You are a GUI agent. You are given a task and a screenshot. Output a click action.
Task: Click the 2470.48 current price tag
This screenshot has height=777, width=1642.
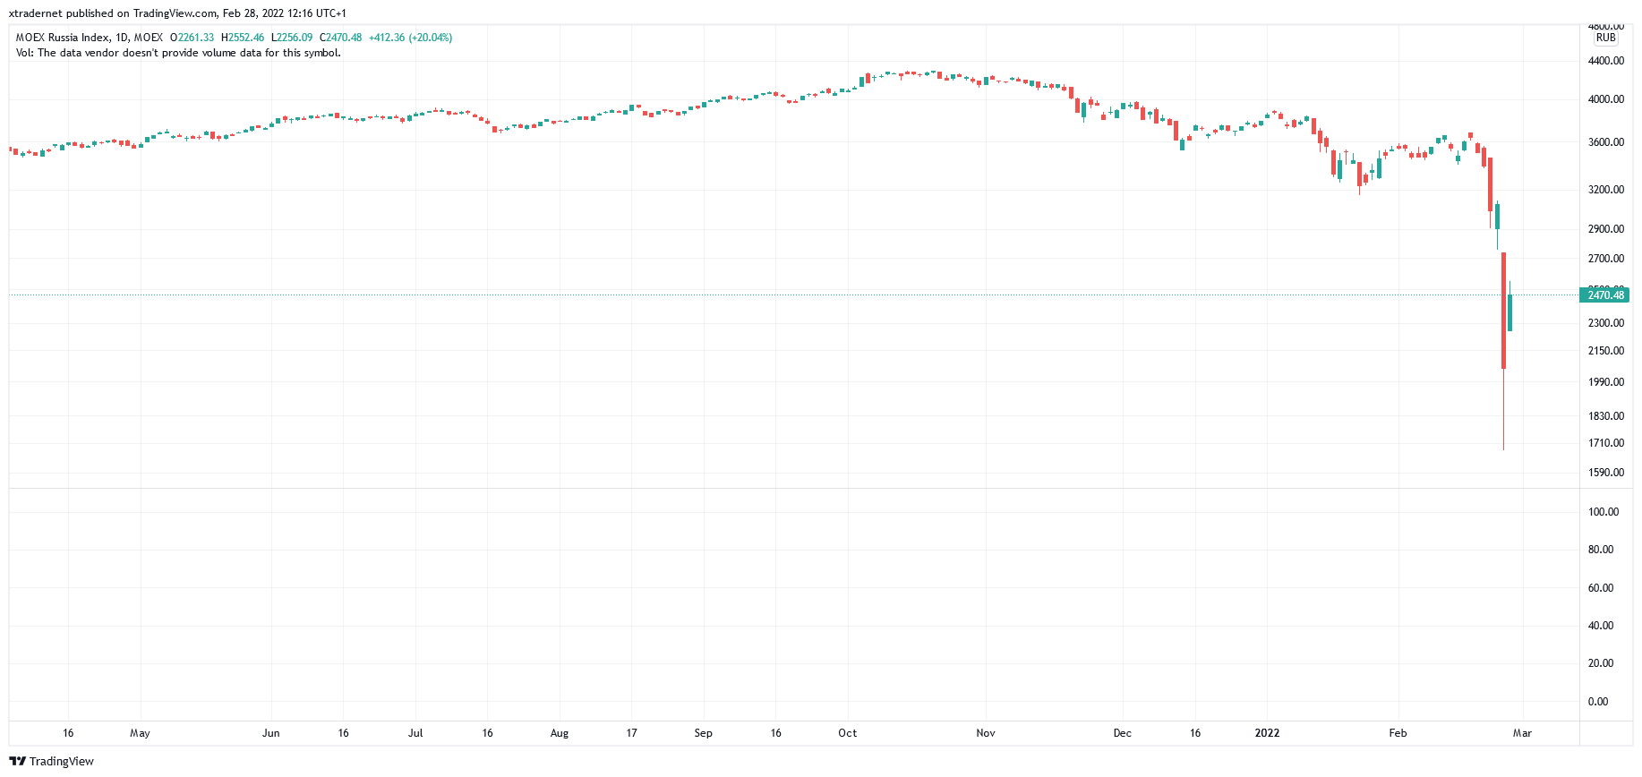coord(1604,295)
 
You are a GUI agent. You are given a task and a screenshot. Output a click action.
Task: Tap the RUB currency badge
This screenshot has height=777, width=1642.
coord(1605,38)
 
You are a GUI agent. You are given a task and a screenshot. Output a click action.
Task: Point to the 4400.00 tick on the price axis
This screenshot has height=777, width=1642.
coord(1605,61)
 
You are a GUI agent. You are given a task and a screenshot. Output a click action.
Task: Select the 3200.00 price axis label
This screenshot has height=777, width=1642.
coord(1605,190)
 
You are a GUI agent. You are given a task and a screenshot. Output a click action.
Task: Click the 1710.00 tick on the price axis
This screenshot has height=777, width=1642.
coord(1605,443)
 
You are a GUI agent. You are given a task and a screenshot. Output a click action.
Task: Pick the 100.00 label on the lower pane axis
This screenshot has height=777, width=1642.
coord(1603,512)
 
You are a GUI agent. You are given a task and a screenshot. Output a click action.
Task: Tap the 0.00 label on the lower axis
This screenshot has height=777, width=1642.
coord(1597,702)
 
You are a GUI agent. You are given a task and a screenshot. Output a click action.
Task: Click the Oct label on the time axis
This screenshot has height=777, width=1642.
coord(847,733)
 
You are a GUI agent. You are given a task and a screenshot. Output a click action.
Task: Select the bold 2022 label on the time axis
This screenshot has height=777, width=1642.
coord(1267,733)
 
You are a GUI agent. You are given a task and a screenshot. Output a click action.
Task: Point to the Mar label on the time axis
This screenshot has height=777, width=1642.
coord(1522,733)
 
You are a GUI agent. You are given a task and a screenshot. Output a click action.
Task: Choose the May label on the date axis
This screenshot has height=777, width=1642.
coord(140,733)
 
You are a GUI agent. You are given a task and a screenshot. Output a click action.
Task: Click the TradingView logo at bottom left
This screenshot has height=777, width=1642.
coord(51,761)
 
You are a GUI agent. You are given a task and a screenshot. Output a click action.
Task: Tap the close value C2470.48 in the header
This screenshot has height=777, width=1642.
coord(341,38)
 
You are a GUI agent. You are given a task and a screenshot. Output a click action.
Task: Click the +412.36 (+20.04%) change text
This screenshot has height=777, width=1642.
coord(410,38)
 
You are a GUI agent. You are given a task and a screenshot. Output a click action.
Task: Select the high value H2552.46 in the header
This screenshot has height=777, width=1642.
coord(243,38)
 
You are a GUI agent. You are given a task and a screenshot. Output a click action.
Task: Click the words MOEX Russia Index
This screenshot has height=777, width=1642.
coord(63,38)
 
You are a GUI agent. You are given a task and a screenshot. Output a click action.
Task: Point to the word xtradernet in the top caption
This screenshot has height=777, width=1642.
coord(36,13)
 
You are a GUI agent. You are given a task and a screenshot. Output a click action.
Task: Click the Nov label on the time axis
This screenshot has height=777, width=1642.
coord(985,733)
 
